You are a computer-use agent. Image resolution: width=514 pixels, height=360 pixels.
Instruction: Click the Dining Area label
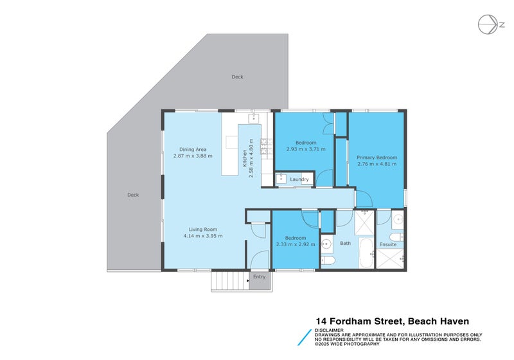pos(193,149)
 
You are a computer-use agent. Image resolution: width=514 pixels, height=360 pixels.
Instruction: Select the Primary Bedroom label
pos(377,157)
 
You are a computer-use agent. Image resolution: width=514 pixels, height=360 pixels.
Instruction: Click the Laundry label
pos(299,179)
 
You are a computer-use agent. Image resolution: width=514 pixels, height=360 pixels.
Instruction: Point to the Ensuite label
pos(388,244)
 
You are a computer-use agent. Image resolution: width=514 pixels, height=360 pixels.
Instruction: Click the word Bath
pos(345,244)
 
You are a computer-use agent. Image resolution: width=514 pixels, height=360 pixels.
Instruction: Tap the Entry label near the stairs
pos(259,277)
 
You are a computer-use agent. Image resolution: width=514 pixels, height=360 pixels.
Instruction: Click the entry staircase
pos(229,281)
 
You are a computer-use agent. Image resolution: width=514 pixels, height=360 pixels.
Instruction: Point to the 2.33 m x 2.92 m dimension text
pos(296,244)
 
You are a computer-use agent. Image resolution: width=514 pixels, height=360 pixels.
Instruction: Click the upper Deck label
pos(238,77)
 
